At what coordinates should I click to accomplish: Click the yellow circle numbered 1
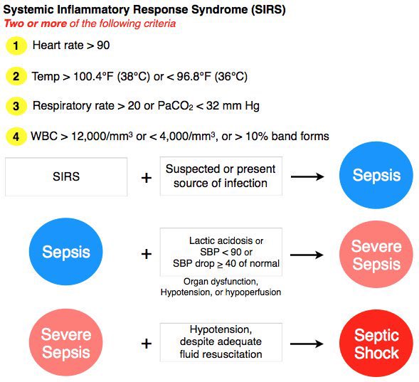point(15,46)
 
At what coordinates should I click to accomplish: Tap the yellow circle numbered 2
point(15,75)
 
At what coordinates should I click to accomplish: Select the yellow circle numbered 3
point(15,105)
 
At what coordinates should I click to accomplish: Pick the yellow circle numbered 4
point(15,135)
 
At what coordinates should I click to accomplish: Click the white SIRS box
point(66,176)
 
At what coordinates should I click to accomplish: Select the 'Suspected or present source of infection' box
point(221,176)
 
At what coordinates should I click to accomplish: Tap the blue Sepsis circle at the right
point(376,176)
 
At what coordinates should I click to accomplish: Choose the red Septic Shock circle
point(376,344)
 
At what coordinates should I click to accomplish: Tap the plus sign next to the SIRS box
point(147,177)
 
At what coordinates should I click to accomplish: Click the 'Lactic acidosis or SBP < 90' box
point(221,252)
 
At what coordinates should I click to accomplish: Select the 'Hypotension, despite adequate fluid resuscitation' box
point(221,342)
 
